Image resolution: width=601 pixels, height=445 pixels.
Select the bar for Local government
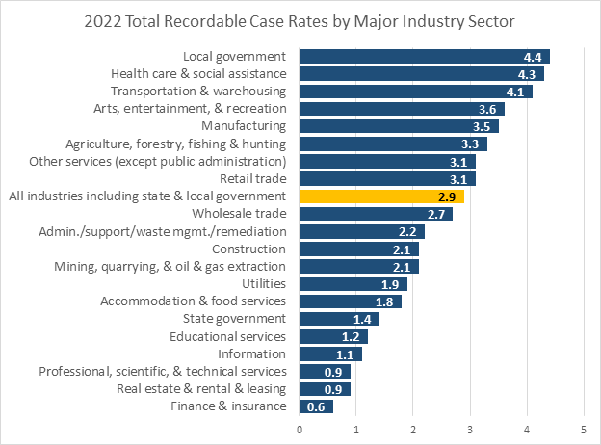coord(424,56)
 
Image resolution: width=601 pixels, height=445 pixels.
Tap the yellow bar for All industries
coord(381,196)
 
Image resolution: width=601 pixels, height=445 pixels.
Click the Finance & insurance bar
coord(316,406)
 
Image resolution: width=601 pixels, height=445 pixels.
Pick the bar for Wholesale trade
coord(376,213)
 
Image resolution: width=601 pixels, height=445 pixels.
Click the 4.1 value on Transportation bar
coord(517,92)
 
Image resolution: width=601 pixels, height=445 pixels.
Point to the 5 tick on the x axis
coord(584,427)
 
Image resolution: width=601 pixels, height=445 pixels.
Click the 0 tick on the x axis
coord(300,427)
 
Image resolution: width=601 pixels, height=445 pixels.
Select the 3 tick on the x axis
coord(470,427)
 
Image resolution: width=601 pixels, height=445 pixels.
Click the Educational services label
coord(228,336)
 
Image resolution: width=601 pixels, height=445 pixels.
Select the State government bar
coord(339,318)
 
